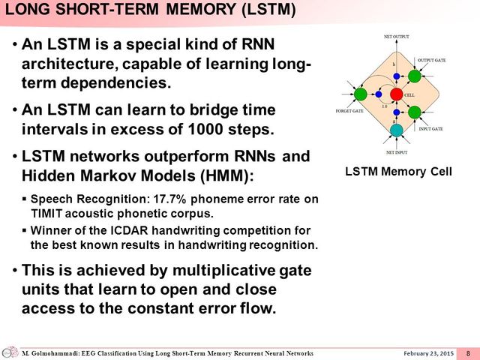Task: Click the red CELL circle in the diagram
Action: [397, 94]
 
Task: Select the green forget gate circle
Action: [360, 94]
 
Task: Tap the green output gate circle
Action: [414, 76]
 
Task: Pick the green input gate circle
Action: [414, 112]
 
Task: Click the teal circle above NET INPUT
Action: [397, 130]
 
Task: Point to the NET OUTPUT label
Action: [397, 37]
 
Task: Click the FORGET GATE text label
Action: [349, 110]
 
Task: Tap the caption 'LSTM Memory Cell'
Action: [398, 171]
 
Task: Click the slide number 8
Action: [468, 353]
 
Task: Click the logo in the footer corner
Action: [10, 352]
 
